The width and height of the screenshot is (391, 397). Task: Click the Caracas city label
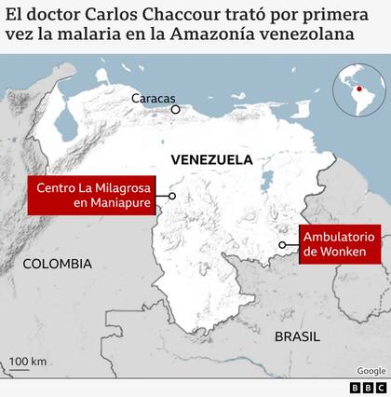152,97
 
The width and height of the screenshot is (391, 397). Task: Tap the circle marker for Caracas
174,109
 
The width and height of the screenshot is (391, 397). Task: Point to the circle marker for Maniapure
172,196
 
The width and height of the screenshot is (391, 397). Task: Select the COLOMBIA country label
57,264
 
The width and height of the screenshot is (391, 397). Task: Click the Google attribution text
371,371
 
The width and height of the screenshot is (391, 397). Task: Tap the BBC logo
368,388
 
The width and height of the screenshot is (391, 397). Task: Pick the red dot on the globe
360,89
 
